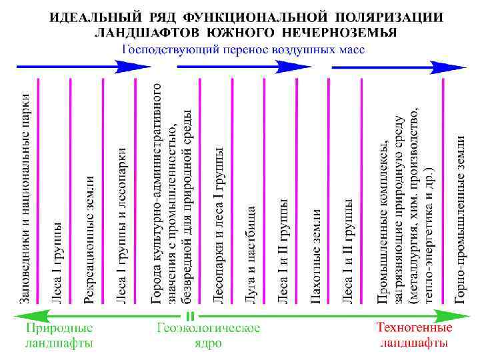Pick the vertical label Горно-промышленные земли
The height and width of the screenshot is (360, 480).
pos(461,220)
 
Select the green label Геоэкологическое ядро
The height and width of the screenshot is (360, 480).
pos(209,336)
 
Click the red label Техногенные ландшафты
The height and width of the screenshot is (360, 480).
pos(414,336)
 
